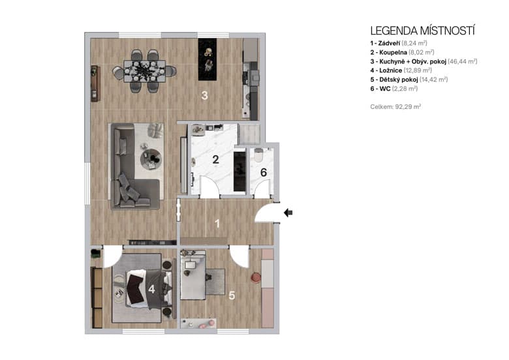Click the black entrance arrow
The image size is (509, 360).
[x=289, y=212]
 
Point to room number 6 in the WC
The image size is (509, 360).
[x=264, y=173]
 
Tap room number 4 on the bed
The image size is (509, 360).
[x=151, y=287]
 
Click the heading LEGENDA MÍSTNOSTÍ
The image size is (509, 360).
[x=422, y=30]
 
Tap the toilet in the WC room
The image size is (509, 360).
[x=258, y=157]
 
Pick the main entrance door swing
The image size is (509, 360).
[x=265, y=211]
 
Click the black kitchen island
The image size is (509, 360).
[x=209, y=59]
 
